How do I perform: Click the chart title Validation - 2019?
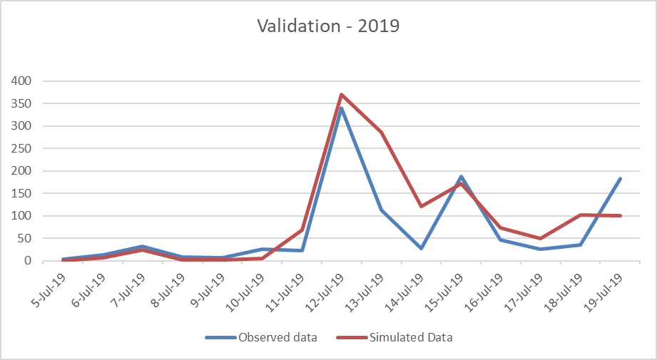pos(328,27)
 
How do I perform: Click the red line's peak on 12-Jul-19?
pos(342,94)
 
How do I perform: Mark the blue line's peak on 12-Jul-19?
pos(342,108)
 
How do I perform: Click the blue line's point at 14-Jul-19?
pos(422,248)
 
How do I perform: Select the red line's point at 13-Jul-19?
pos(382,132)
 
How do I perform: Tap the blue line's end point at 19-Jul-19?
pos(621,178)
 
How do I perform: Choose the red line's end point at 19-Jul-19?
pos(621,215)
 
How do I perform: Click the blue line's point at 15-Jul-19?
pos(462,176)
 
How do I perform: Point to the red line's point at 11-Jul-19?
pos(302,230)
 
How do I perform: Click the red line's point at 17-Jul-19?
pos(541,239)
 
